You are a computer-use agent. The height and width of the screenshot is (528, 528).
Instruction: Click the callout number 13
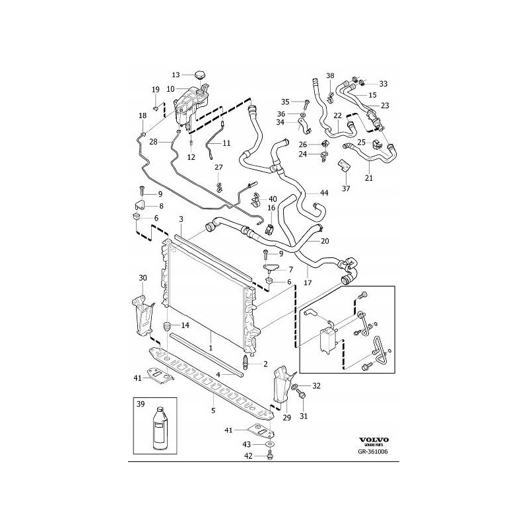click(176, 75)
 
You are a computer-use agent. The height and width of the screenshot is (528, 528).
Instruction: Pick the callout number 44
click(324, 193)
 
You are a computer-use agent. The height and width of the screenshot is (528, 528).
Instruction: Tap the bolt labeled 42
click(271, 455)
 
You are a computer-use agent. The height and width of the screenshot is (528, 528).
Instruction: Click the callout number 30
click(143, 277)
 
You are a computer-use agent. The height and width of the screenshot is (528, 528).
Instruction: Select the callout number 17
click(308, 282)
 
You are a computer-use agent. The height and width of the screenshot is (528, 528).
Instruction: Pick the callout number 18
click(142, 116)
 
